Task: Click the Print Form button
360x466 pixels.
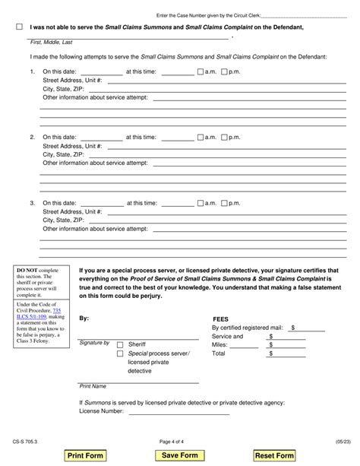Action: pyautogui.click(x=85, y=455)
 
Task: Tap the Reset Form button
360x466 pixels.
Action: pyautogui.click(x=274, y=455)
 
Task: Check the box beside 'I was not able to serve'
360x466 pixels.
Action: pyautogui.click(x=19, y=27)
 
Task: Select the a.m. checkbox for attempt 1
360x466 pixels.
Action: pyautogui.click(x=200, y=72)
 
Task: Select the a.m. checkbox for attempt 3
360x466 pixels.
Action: pyautogui.click(x=200, y=203)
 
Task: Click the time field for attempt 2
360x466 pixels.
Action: pyautogui.click(x=178, y=138)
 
